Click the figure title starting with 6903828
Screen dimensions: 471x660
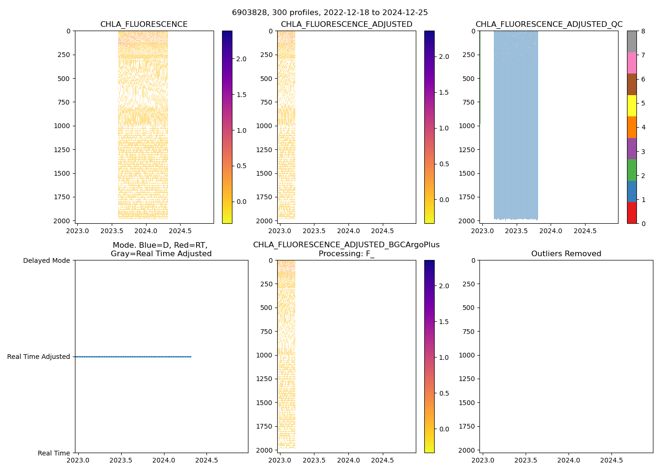[x=330, y=13]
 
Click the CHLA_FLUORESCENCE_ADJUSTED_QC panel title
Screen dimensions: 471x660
[x=549, y=24]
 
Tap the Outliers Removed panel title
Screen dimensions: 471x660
[x=566, y=254]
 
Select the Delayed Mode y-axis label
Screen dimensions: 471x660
[x=46, y=260]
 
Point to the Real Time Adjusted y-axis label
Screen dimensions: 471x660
[x=38, y=357]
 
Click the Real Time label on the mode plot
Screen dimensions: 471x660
[x=54, y=453]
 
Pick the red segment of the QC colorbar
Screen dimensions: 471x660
[x=632, y=212]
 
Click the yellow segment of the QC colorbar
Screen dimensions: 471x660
[x=632, y=106]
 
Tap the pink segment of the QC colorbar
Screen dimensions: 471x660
[x=632, y=63]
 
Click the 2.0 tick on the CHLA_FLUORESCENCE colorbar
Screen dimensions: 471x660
[x=241, y=59]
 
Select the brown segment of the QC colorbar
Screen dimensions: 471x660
[x=632, y=84]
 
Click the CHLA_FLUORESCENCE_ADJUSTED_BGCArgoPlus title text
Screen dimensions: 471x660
[x=346, y=245]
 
